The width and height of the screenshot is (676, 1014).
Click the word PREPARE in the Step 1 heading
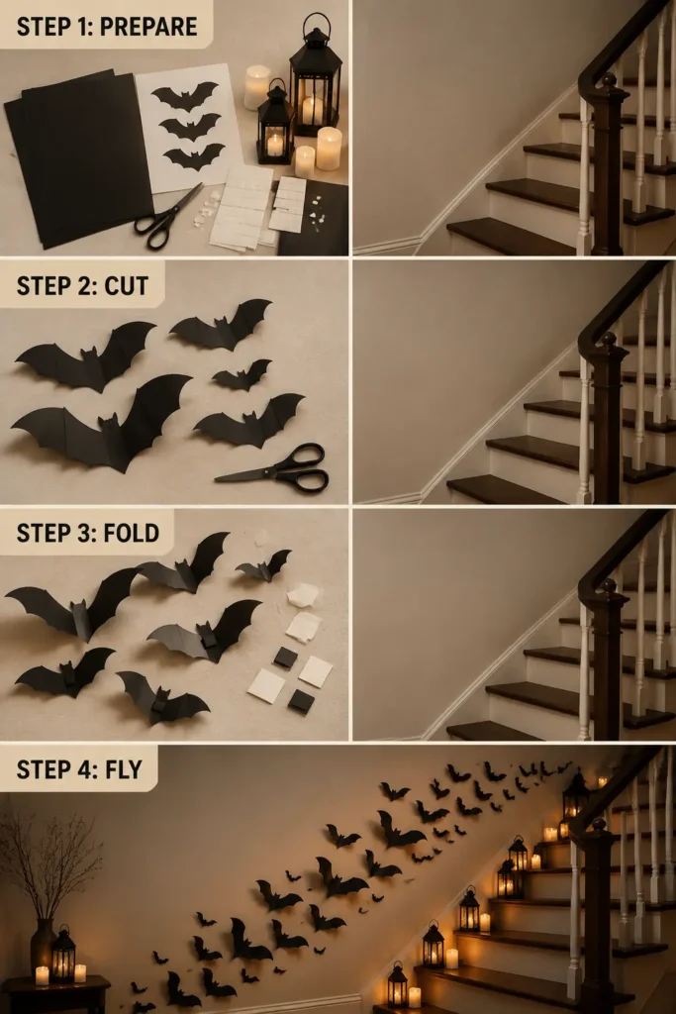tap(148, 27)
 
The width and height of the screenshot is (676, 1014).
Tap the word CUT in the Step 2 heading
tap(126, 286)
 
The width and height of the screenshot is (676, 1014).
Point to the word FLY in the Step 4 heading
tap(124, 769)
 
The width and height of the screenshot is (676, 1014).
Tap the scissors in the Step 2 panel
tap(276, 468)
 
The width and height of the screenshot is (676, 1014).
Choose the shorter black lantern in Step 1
tap(275, 124)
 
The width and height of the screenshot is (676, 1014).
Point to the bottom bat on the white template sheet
tap(194, 156)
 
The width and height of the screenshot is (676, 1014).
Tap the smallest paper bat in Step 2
tap(242, 375)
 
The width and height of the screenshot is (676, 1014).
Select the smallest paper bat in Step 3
tap(264, 566)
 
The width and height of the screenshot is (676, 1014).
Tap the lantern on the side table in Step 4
tap(63, 955)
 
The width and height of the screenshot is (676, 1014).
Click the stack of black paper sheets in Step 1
tap(77, 158)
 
